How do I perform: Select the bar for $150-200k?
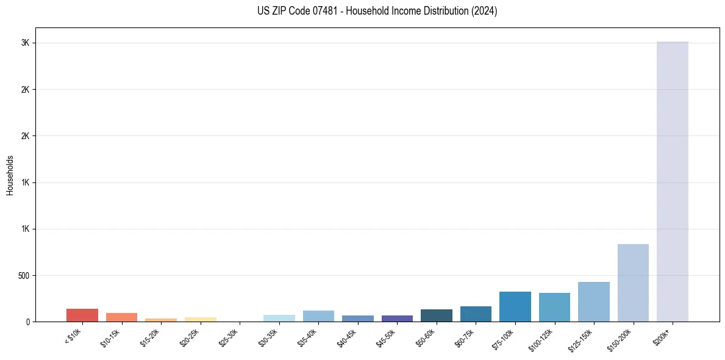pos(633,283)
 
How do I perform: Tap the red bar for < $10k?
pos(82,315)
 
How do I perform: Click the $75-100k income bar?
pos(515,306)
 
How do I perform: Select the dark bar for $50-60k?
pos(436,315)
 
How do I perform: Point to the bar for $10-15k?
pos(121,317)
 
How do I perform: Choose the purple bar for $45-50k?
pos(397,318)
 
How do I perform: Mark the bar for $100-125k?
pos(554,307)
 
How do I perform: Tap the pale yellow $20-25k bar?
pos(200,319)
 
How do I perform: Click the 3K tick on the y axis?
pos(25,43)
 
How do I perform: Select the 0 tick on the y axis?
pos(28,322)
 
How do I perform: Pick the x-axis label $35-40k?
pos(308,337)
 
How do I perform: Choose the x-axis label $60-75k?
pos(465,337)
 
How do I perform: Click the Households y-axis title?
pos(10,175)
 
